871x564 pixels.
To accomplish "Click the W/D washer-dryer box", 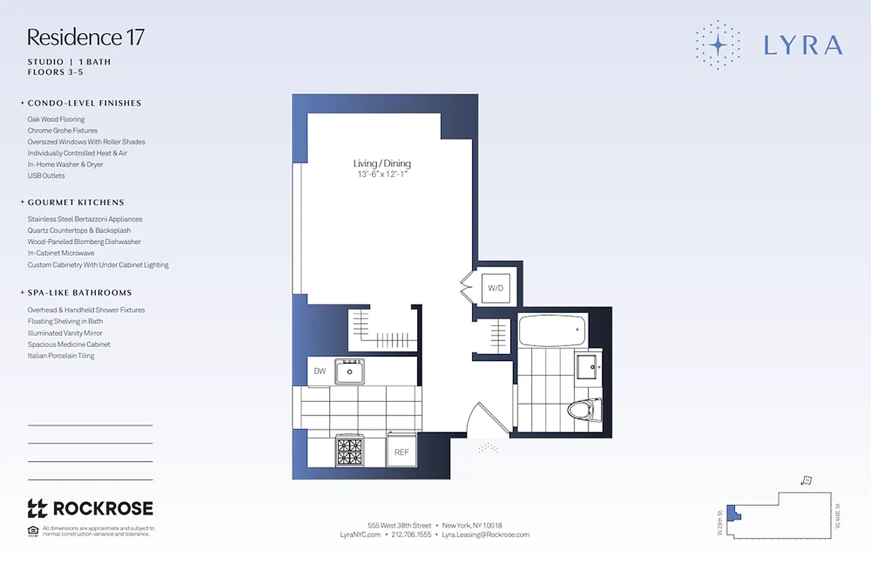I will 495,288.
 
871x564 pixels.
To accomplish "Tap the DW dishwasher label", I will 320,371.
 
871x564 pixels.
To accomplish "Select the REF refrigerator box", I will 402,452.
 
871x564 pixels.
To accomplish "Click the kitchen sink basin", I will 350,371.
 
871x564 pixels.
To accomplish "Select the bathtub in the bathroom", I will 552,329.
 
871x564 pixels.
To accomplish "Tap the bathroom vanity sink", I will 586,366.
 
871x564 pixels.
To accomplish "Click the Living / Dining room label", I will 382,164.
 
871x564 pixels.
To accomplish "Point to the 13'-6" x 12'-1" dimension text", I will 381,174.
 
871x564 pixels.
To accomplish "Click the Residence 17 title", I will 85,37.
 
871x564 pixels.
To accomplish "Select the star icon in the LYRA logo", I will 717,45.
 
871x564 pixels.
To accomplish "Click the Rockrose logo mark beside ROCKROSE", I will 37,508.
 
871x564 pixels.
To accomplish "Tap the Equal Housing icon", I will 32,531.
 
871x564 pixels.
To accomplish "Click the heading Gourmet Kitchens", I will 75,202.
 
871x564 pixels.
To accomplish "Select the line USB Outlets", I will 46,176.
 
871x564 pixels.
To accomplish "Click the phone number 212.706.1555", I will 412,534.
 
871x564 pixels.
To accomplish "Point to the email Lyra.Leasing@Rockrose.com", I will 486,534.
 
